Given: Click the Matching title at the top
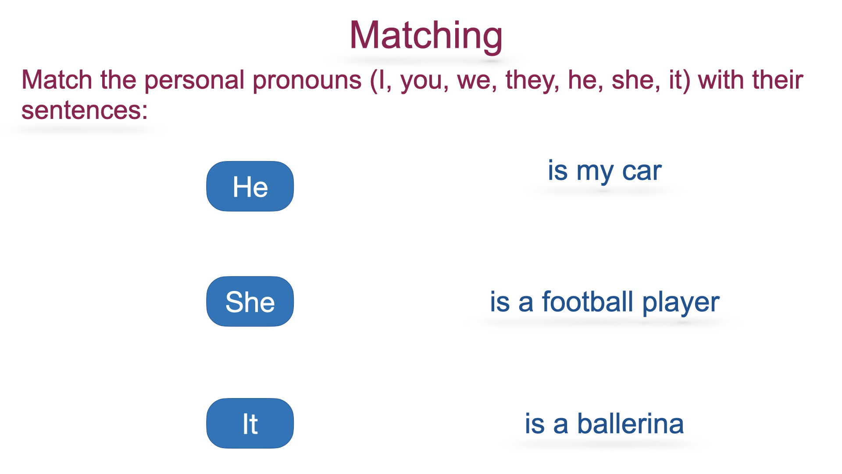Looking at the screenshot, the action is [x=426, y=36].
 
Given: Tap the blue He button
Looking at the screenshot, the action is [x=250, y=186].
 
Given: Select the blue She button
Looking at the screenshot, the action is [x=250, y=302].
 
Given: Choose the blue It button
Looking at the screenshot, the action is [x=250, y=424].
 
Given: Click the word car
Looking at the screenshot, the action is [x=642, y=171].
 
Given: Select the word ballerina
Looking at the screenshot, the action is [x=631, y=424].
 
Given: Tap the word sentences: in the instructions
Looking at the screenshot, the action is [x=85, y=110].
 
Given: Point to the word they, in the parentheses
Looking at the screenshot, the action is [x=532, y=81].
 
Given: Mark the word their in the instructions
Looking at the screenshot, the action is [x=778, y=80].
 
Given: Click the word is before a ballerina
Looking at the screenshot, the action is [x=535, y=424].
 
